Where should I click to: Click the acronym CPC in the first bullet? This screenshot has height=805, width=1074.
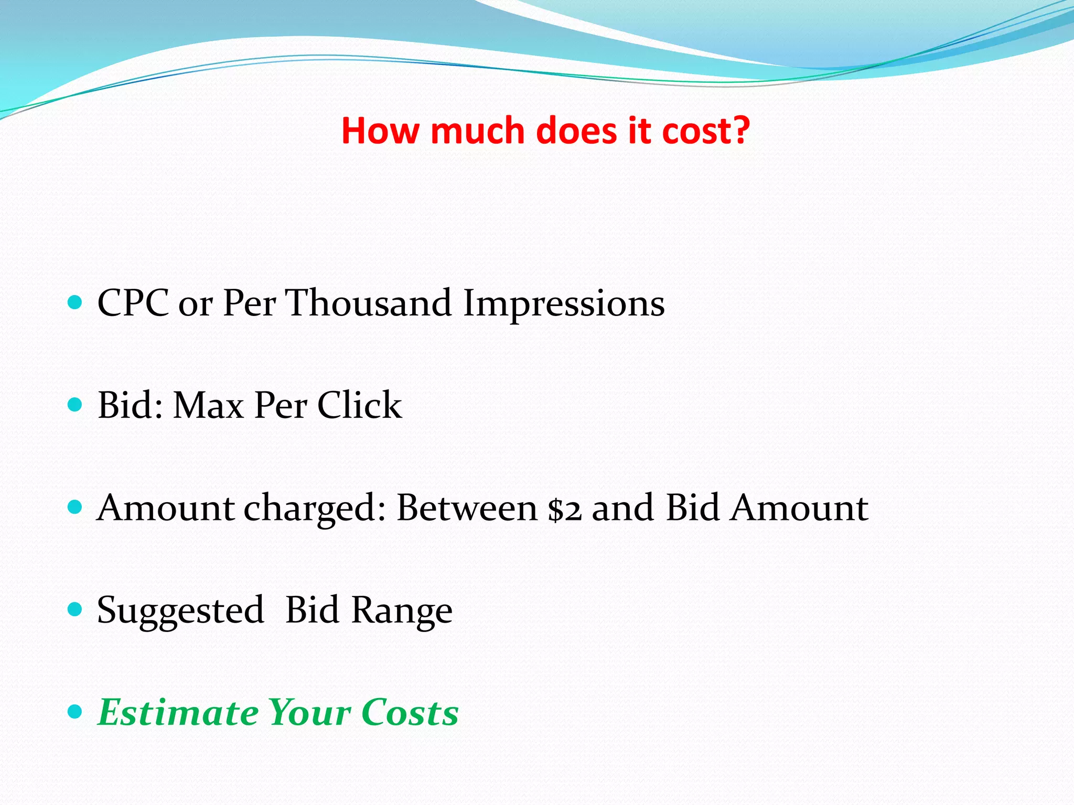pyautogui.click(x=133, y=303)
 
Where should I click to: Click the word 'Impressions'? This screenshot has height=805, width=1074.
pyautogui.click(x=564, y=304)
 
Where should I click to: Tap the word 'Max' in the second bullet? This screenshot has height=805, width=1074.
pyautogui.click(x=209, y=406)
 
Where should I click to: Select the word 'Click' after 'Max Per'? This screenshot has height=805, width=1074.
pyautogui.click(x=359, y=406)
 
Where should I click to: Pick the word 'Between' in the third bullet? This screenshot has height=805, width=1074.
pyautogui.click(x=467, y=508)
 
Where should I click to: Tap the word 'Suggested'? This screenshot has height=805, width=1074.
pyautogui.click(x=180, y=611)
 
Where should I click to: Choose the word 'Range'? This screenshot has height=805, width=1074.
pyautogui.click(x=401, y=611)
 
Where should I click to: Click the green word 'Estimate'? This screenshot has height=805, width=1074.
pyautogui.click(x=178, y=713)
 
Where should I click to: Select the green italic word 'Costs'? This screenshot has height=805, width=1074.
pyautogui.click(x=410, y=713)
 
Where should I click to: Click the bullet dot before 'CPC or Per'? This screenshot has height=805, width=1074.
pyautogui.click(x=76, y=302)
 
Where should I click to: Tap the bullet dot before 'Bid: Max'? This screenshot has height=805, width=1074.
pyautogui.click(x=76, y=405)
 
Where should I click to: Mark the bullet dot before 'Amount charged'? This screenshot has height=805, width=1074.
pyautogui.click(x=76, y=507)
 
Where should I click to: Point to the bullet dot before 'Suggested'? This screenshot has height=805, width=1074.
pyautogui.click(x=76, y=609)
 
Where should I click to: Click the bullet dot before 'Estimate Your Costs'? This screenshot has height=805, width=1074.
pyautogui.click(x=76, y=711)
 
